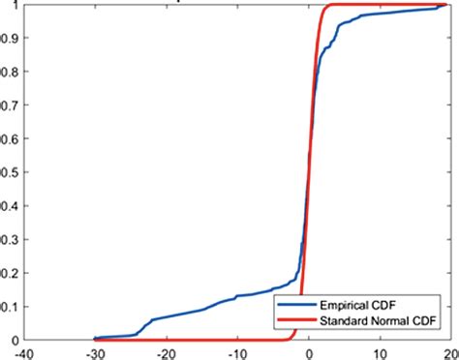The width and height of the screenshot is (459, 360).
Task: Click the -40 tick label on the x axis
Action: [x=26, y=352]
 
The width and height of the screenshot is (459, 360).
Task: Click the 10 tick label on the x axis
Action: [x=381, y=352]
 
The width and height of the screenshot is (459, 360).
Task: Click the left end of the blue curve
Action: [x=95, y=338]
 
